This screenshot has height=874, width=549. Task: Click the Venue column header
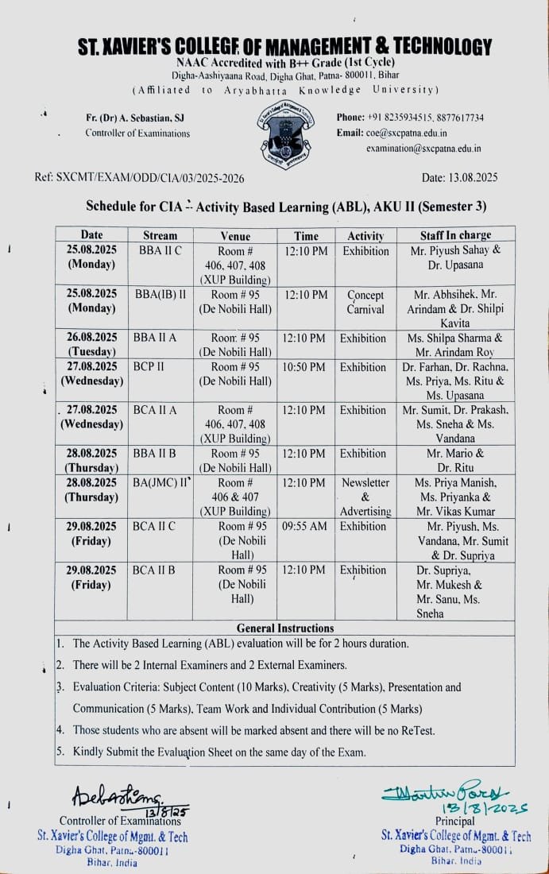pyautogui.click(x=234, y=236)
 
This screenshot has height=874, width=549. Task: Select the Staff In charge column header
pyautogui.click(x=455, y=235)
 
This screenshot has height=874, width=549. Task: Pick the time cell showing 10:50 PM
pyautogui.click(x=305, y=367)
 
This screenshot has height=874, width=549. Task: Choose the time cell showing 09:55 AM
pyautogui.click(x=305, y=526)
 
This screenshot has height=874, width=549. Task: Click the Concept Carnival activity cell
pyautogui.click(x=365, y=302)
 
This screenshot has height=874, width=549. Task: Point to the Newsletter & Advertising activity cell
pyautogui.click(x=365, y=497)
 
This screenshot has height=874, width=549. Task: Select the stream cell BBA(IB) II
pyautogui.click(x=161, y=295)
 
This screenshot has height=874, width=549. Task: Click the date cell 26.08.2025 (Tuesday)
pyautogui.click(x=91, y=345)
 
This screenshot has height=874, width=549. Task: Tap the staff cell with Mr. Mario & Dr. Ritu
pyautogui.click(x=455, y=461)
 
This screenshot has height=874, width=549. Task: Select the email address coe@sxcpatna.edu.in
pyautogui.click(x=407, y=133)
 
